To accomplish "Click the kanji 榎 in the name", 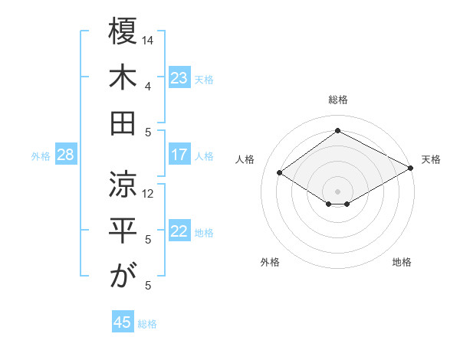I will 123,34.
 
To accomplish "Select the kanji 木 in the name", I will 123,79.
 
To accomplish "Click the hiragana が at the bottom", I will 123,277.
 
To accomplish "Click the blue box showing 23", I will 179,78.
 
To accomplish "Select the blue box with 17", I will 179,155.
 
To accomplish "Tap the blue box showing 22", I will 179,232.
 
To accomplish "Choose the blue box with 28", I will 65,155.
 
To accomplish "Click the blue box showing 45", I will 123,322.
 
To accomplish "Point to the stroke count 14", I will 149,40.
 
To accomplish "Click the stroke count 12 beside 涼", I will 149,193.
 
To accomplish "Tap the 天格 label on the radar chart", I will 432,159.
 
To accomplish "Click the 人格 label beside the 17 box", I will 205,156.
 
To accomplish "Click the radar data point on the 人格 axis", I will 280,173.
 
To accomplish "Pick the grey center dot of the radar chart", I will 337,191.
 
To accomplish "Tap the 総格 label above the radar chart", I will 337,100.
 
